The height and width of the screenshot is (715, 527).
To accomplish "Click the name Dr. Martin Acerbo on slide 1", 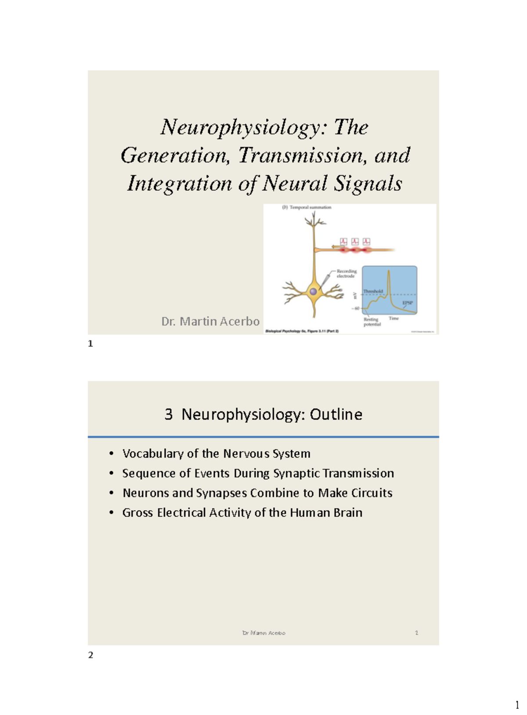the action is click(210, 322).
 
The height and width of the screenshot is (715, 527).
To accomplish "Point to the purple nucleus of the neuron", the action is click(313, 291).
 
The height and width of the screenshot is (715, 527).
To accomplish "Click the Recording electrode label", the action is click(347, 273).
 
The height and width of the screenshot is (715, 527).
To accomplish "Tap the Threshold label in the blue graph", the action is click(373, 291).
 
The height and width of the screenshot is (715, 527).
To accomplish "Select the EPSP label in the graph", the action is click(407, 303).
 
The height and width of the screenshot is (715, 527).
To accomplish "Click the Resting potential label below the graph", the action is click(372, 322).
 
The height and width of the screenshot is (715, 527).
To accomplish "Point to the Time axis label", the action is click(393, 318).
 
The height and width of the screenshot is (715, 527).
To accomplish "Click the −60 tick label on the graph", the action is click(355, 309).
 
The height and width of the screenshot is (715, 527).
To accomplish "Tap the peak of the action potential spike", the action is click(388, 271).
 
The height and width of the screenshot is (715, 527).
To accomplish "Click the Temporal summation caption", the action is click(310, 207).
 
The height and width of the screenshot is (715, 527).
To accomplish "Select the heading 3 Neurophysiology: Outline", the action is click(263, 414).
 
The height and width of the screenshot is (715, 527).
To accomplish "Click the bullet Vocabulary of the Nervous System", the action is click(216, 454).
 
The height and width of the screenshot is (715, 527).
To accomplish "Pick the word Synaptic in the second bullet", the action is click(296, 473).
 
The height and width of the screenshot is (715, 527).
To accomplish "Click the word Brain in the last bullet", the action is click(348, 513).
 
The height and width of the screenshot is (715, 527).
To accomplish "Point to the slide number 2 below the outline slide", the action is click(90, 655).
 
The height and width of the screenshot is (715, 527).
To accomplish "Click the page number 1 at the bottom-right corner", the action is click(517, 705).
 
